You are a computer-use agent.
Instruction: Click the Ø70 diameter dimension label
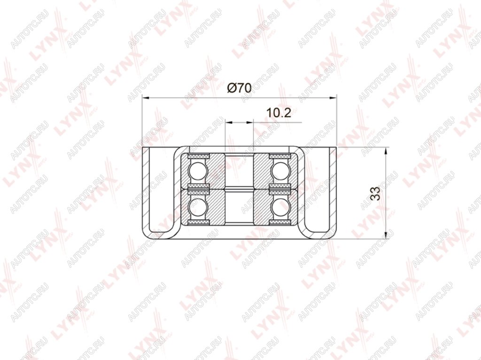coord(239,88)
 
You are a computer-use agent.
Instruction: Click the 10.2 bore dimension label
coord(278,113)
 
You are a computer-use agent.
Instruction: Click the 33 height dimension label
coord(375,193)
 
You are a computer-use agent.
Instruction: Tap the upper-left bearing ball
coord(198,171)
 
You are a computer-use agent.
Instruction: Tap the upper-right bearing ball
coord(280,171)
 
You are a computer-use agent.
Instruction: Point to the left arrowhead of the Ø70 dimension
coord(146,98)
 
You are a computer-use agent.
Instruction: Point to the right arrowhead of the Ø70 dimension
coord(333,98)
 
